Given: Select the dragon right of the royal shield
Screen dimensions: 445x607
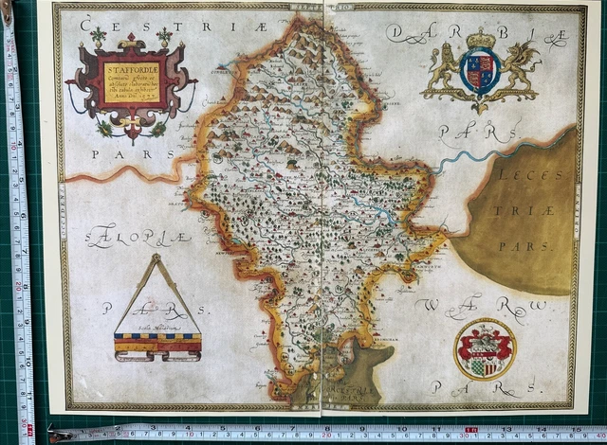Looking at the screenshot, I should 520,69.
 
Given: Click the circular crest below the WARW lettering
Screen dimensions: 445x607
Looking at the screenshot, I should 484,347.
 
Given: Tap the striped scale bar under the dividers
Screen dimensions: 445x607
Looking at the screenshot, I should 157,345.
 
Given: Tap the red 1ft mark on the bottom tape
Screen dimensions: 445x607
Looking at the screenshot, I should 471,434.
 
